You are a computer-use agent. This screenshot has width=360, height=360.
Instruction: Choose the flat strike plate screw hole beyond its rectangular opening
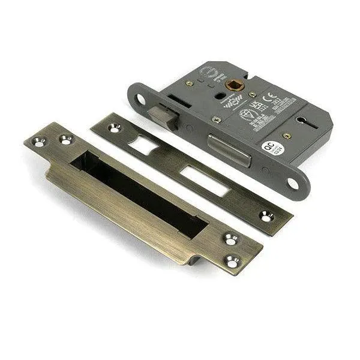click(x=266, y=215)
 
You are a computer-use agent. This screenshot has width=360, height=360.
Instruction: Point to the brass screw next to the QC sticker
click(x=287, y=136)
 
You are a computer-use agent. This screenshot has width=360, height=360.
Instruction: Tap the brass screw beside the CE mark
click(x=253, y=94)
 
